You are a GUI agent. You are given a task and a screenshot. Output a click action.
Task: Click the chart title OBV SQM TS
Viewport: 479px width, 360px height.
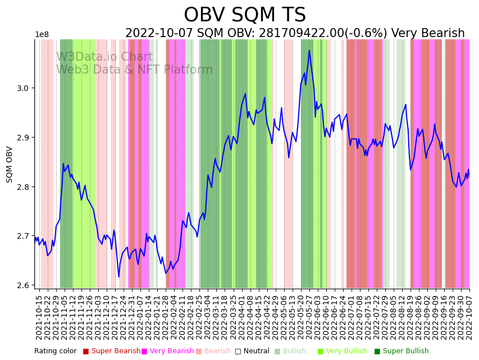click(x=245, y=15)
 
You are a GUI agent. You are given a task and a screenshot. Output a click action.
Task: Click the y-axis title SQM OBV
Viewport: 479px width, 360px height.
click(x=10, y=164)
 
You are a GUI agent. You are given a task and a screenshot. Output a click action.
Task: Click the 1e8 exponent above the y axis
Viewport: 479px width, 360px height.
click(x=42, y=35)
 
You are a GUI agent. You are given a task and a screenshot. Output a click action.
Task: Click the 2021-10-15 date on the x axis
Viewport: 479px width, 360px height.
click(x=39, y=317)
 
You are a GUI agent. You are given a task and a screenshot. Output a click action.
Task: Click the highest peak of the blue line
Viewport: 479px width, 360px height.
click(x=309, y=51)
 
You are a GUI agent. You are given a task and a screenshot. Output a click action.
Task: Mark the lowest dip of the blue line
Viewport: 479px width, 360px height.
click(x=118, y=276)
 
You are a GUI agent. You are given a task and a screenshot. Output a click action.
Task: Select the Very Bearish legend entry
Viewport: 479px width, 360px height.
click(x=167, y=352)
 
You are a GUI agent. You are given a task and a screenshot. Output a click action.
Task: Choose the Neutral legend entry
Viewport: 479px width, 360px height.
click(x=252, y=352)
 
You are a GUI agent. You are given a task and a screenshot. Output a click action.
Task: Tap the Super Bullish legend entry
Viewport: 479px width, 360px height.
click(x=401, y=352)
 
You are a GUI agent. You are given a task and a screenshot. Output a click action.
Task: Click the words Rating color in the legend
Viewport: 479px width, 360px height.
click(x=56, y=352)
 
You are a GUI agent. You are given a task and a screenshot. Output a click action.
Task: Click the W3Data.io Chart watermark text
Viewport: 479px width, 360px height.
click(x=104, y=57)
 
